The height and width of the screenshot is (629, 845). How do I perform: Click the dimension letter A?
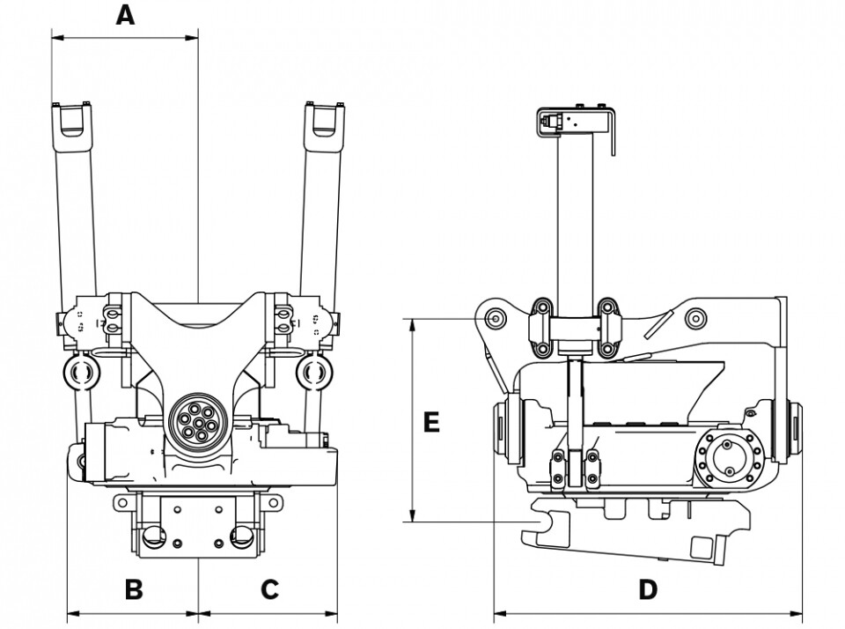pos(125,15)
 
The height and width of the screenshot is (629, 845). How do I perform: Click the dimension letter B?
pos(134,589)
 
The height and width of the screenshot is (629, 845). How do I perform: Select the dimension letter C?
pos(269,589)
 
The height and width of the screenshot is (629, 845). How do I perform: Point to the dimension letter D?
pos(648,589)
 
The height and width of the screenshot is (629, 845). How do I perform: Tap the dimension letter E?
pos(431,422)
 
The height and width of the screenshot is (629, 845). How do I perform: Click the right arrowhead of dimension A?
pos(192,38)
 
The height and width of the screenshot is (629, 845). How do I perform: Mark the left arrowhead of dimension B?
pos(73,613)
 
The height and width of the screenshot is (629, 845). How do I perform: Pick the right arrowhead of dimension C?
pos(331,613)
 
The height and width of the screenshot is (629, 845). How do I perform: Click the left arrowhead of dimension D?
pos(501,613)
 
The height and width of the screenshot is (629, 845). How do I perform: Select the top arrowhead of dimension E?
pos(413,326)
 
